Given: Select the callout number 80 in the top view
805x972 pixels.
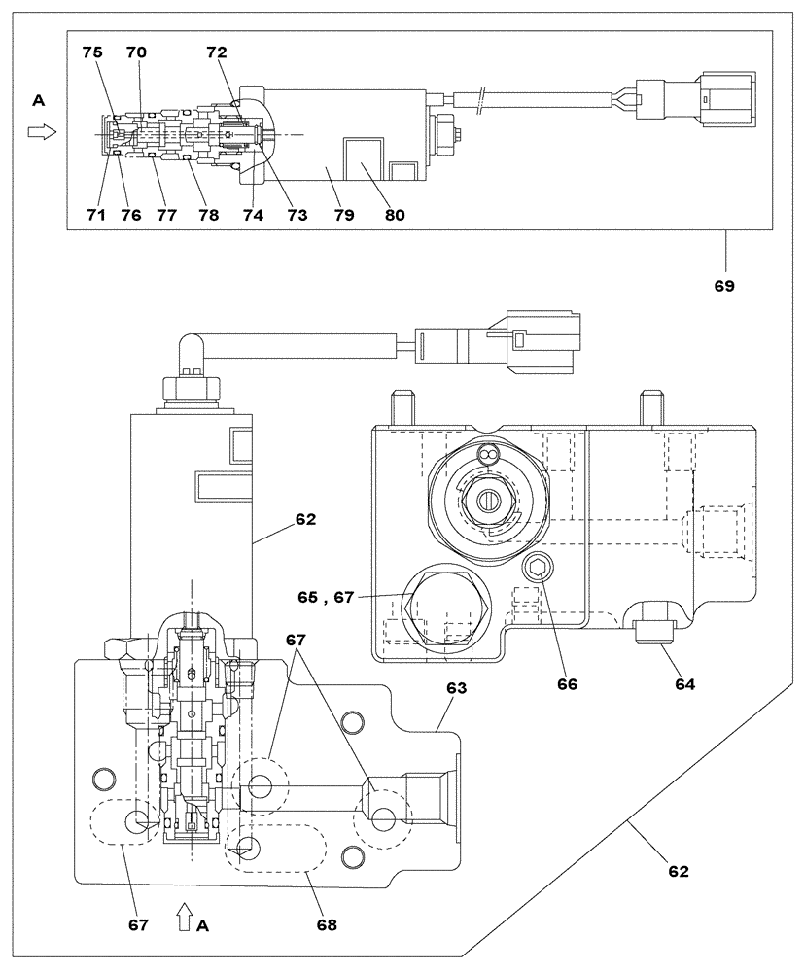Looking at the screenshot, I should (393, 215).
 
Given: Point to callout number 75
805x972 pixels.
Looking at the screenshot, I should (91, 54).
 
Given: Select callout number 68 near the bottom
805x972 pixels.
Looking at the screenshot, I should (326, 925).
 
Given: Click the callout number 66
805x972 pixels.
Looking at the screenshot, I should (567, 684).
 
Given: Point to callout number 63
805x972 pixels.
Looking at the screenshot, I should (457, 688).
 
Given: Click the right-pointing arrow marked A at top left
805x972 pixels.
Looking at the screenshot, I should (39, 133).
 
